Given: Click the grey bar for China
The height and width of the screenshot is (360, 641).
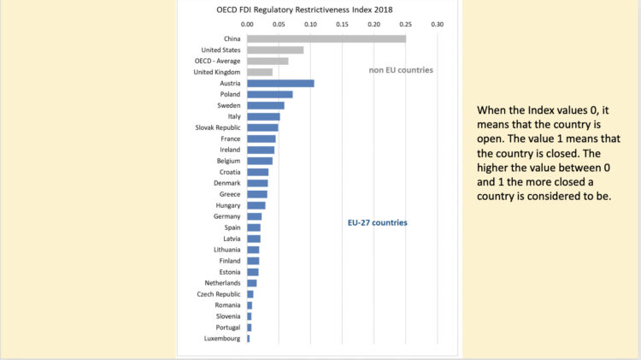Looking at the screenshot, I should [x=326, y=38].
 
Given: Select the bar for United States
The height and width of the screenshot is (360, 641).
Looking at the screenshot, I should [x=275, y=50].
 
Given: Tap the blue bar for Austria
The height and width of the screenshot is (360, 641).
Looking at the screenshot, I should [x=280, y=83].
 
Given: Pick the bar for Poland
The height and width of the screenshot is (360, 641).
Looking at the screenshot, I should [x=270, y=94].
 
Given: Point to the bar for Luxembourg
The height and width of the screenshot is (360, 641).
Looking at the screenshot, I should [x=249, y=339].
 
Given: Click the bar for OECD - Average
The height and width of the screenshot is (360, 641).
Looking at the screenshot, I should [x=268, y=61].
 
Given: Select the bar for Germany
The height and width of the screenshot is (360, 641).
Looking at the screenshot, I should [x=255, y=216].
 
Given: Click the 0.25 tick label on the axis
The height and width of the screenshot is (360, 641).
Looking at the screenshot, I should [x=406, y=24].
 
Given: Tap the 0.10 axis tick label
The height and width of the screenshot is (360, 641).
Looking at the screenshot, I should [x=310, y=24].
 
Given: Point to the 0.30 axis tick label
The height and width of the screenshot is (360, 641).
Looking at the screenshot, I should [x=438, y=24].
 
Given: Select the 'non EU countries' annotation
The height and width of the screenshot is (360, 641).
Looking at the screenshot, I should [x=401, y=69].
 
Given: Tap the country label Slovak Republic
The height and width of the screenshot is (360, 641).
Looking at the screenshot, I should [x=217, y=127].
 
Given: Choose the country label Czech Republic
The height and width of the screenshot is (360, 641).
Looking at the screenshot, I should [x=218, y=294].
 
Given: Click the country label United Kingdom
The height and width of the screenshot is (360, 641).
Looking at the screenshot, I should [x=217, y=72].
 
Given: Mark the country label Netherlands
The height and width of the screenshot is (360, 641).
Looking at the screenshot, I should [x=221, y=283].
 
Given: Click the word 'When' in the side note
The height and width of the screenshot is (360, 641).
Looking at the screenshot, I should [x=492, y=111].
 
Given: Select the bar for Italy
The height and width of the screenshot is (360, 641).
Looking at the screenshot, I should [x=263, y=116].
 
